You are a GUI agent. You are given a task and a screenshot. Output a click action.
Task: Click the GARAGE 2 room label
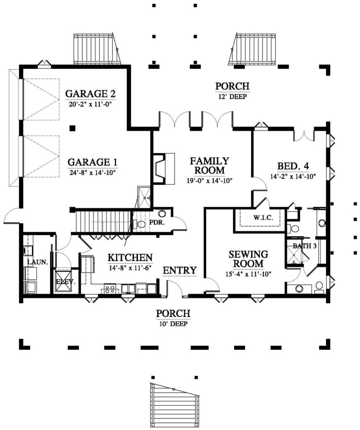[x=90, y=94]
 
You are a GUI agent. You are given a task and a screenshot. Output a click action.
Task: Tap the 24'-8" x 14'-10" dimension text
[x=93, y=173]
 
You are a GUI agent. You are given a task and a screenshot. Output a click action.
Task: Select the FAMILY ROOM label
[x=209, y=165]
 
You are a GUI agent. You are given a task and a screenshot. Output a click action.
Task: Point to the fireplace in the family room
[x=164, y=168]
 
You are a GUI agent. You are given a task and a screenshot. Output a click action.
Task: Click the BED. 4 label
[x=293, y=166]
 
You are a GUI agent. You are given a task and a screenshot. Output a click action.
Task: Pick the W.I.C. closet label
[x=263, y=218]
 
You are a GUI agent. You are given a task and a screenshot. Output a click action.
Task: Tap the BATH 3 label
[x=305, y=246]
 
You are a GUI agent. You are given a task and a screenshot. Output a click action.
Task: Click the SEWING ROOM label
[x=248, y=259]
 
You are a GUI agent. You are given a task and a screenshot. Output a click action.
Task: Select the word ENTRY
[x=180, y=270]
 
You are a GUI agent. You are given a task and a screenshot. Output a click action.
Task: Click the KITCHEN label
[x=130, y=257]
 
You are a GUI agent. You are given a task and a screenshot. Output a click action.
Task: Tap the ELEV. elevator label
[x=66, y=282]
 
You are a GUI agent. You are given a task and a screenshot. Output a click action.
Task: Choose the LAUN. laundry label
[x=37, y=262]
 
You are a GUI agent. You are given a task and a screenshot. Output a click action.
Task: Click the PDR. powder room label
[x=157, y=223]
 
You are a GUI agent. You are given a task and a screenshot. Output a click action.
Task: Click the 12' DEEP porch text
[x=232, y=97]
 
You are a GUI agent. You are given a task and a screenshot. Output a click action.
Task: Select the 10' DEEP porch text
[x=173, y=324]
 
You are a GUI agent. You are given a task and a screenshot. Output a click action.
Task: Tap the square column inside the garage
[x=72, y=128]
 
